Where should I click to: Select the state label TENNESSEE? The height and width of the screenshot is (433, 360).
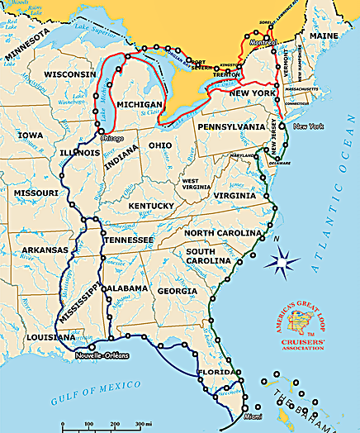click(128, 240)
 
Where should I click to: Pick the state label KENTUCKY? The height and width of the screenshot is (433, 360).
click(151, 205)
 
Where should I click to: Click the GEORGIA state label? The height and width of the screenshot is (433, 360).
click(177, 291)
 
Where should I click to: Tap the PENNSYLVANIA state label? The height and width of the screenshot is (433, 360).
click(231, 127)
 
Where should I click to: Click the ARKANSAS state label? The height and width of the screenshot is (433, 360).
click(44, 249)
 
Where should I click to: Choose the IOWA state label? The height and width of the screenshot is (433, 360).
click(31, 135)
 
